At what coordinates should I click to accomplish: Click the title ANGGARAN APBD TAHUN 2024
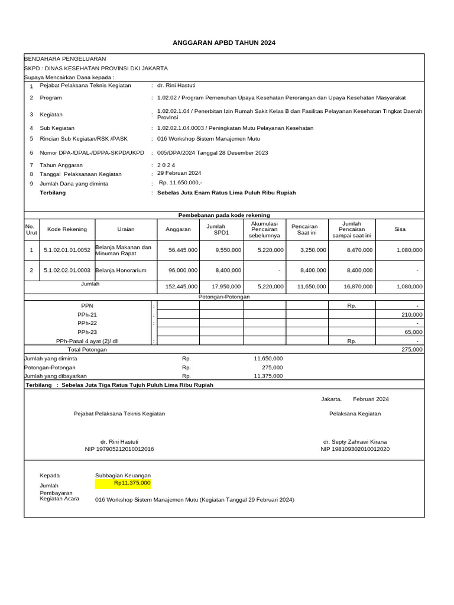pyautogui.click(x=223, y=43)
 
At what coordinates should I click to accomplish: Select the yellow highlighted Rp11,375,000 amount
pyautogui.click(x=132, y=483)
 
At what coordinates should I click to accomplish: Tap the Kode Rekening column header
pyautogui.click(x=67, y=229)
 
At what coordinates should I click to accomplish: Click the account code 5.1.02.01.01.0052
pyautogui.click(x=67, y=250)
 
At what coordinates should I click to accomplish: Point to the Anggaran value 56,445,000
pyautogui.click(x=183, y=250)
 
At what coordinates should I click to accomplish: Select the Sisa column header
pyautogui.click(x=400, y=229)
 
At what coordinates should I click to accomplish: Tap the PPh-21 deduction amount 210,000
pyautogui.click(x=411, y=315)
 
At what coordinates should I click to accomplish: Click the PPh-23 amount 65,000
pyautogui.click(x=413, y=333)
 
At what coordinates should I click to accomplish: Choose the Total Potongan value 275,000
pyautogui.click(x=411, y=349)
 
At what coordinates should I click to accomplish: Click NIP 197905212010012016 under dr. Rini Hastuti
pyautogui.click(x=119, y=449)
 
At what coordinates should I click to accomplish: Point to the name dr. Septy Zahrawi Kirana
pyautogui.click(x=355, y=441)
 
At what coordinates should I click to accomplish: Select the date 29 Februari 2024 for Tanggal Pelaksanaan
pyautogui.click(x=179, y=173)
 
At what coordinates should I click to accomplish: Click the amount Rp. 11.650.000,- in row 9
pyautogui.click(x=180, y=183)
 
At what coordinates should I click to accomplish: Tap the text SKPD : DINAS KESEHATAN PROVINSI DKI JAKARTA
pyautogui.click(x=96, y=68)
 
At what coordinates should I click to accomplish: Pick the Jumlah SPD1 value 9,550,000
pyautogui.click(x=228, y=250)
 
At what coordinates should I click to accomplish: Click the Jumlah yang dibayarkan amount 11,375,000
pyautogui.click(x=268, y=376)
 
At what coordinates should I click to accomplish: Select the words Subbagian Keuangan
pyautogui.click(x=123, y=475)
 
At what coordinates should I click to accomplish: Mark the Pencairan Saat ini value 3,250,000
pyautogui.click(x=313, y=250)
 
